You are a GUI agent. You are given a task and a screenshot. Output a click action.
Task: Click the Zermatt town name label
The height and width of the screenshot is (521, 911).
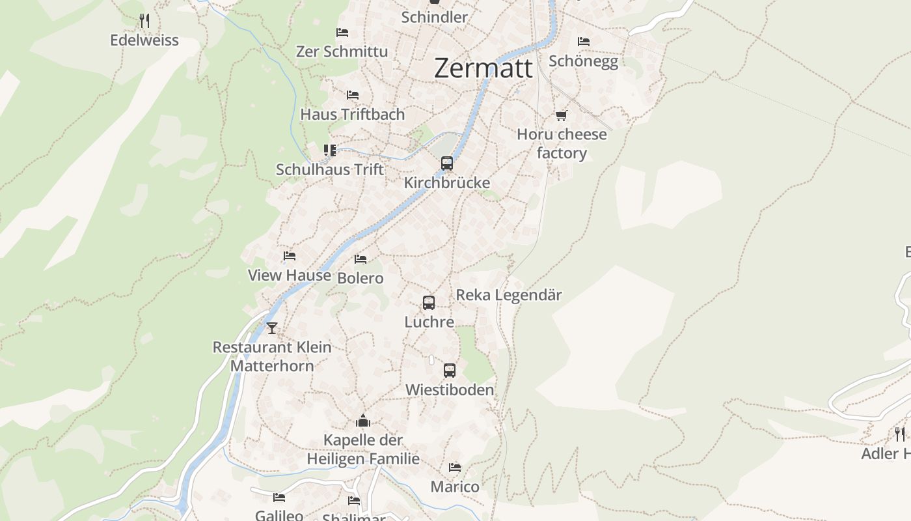pos(483,68)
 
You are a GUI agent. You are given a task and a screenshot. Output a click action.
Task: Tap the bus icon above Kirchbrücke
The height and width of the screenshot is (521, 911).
pos(447,163)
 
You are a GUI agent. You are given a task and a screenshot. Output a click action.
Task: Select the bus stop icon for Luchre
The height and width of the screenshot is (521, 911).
pos(429,303)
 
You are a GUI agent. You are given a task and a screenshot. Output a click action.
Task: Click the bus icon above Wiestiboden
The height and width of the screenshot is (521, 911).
pos(450,371)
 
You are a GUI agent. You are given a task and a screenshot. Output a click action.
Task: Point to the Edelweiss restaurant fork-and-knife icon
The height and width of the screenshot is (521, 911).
pos(144,21)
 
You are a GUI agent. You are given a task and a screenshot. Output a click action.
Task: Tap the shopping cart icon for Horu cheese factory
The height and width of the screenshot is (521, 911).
pos(562,116)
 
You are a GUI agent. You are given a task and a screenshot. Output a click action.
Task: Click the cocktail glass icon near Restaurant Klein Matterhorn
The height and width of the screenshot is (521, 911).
pos(272,328)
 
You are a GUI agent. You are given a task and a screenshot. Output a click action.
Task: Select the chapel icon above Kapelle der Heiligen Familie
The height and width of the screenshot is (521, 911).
pos(363,421)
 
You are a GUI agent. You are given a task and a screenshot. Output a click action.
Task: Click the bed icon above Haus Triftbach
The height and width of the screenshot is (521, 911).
pos(353,95)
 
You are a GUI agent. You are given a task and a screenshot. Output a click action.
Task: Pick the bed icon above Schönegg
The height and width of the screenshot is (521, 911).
pos(584,42)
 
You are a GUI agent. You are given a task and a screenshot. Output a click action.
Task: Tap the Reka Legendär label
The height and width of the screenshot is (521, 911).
pos(508,295)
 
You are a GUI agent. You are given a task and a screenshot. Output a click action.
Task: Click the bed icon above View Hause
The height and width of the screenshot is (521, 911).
pos(290,256)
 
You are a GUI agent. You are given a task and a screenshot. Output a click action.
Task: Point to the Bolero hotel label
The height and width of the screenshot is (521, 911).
pos(360,278)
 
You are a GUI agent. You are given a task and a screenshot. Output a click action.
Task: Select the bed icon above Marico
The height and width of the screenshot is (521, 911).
pos(455,468)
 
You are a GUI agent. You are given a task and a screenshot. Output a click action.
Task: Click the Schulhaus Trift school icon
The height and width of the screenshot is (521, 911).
pos(330,150)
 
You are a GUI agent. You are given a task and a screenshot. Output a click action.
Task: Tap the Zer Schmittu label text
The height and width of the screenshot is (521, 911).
pos(342,51)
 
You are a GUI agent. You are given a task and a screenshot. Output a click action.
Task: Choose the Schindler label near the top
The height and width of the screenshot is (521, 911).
pos(434,17)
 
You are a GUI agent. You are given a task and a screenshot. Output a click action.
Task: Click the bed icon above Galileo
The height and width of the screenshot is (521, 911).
pos(279,498)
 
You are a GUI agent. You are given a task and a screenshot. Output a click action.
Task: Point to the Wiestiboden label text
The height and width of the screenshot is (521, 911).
pos(450,390)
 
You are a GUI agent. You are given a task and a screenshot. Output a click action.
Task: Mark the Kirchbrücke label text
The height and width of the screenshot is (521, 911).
pos(447,183)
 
